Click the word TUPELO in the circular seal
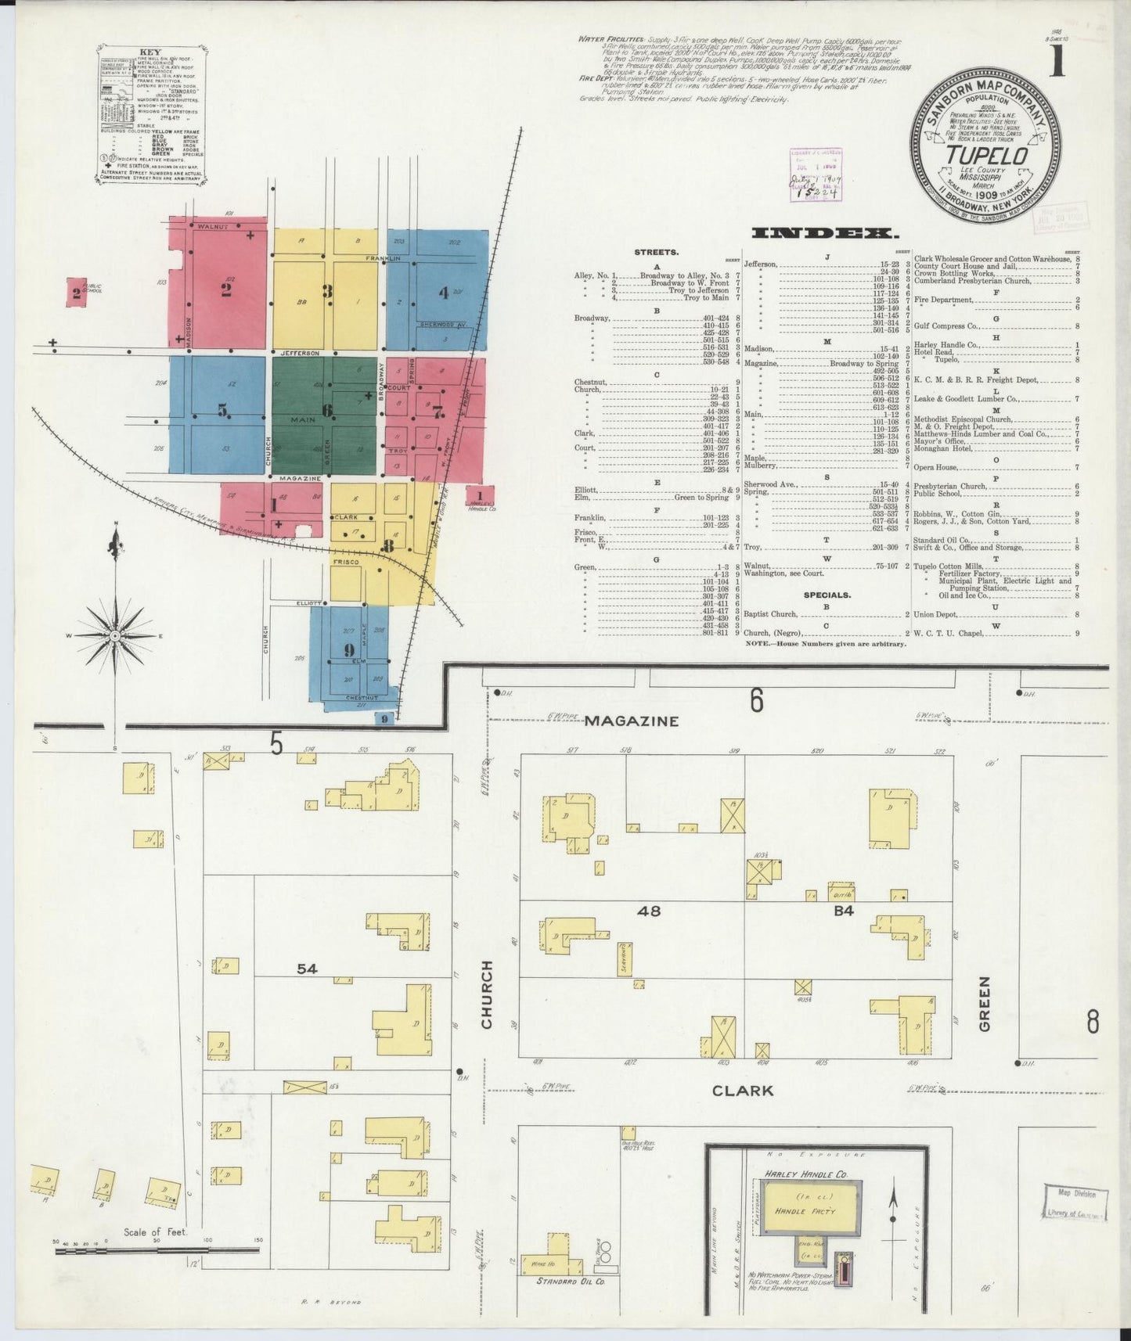pos(985,156)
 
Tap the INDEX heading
pos(823,232)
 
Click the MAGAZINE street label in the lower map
pos(630,721)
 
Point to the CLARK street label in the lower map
pos(743,1090)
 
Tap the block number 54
pos(307,969)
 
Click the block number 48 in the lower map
pos(649,910)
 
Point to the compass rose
pos(116,635)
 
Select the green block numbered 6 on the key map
pos(326,410)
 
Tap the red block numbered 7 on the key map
pos(437,411)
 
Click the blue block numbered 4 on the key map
pos(443,293)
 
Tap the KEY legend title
pos(149,52)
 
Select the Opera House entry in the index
pos(936,467)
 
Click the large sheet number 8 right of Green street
pos(1093,1022)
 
